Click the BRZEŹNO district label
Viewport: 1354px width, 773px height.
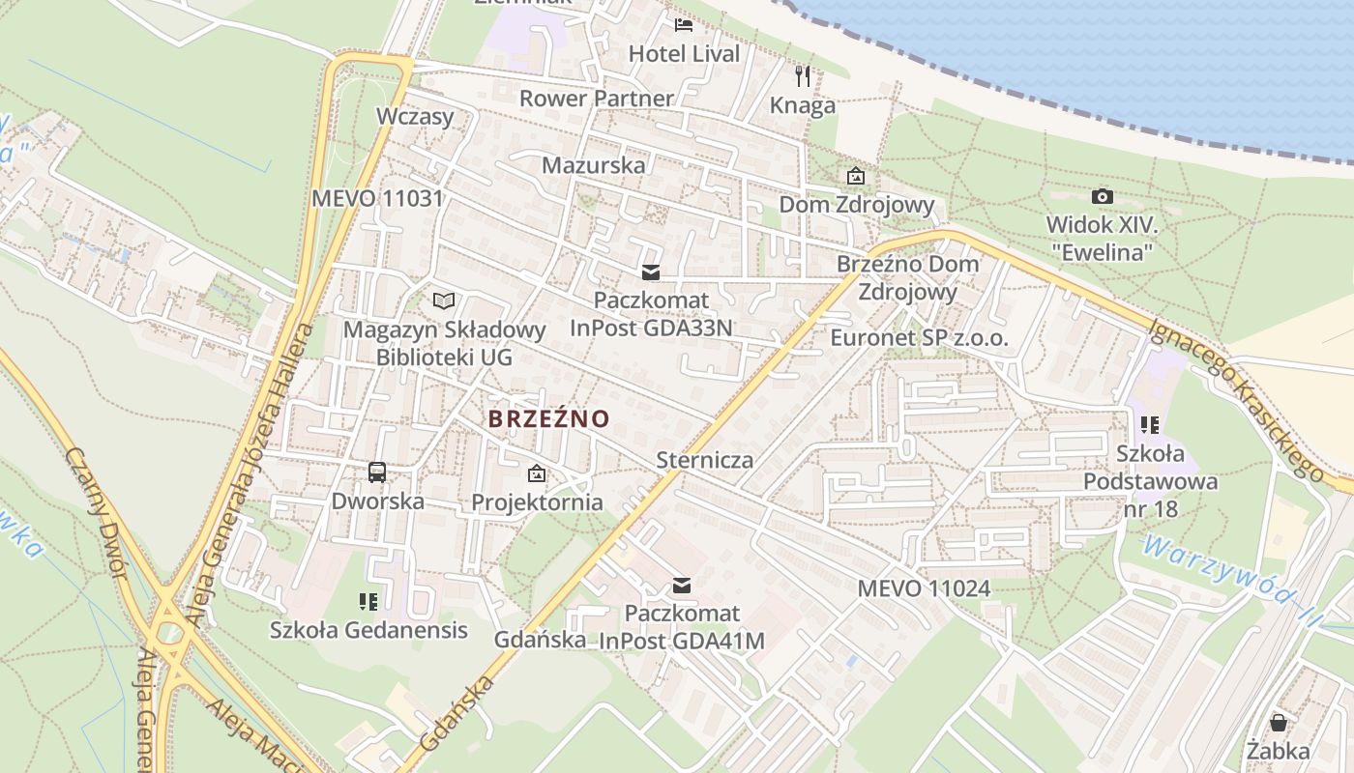coord(548,418)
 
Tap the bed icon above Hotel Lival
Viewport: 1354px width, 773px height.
coord(684,25)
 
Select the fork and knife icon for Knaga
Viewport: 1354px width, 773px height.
coord(803,76)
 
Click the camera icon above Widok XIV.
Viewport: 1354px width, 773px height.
coord(1102,196)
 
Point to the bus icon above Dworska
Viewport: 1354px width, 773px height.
coord(377,472)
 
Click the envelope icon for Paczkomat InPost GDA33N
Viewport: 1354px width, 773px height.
coord(651,272)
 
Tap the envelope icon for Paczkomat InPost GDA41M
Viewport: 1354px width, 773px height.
coord(682,585)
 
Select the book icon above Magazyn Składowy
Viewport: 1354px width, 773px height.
coord(443,301)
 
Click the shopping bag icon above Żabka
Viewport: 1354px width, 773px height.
coord(1278,723)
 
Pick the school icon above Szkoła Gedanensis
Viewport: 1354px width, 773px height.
coord(368,602)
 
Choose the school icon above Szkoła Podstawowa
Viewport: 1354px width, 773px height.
coord(1150,424)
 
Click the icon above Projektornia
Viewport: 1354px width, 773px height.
coord(537,473)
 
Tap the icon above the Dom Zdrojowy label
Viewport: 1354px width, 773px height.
coord(856,176)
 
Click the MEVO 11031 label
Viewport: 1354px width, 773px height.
coord(377,199)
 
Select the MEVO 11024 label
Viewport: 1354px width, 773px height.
coord(924,587)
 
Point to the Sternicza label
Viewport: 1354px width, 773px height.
coord(704,459)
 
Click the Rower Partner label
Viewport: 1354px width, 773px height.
coord(596,99)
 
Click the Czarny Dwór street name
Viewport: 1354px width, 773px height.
coord(98,512)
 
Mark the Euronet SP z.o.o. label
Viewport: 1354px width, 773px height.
coord(919,338)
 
